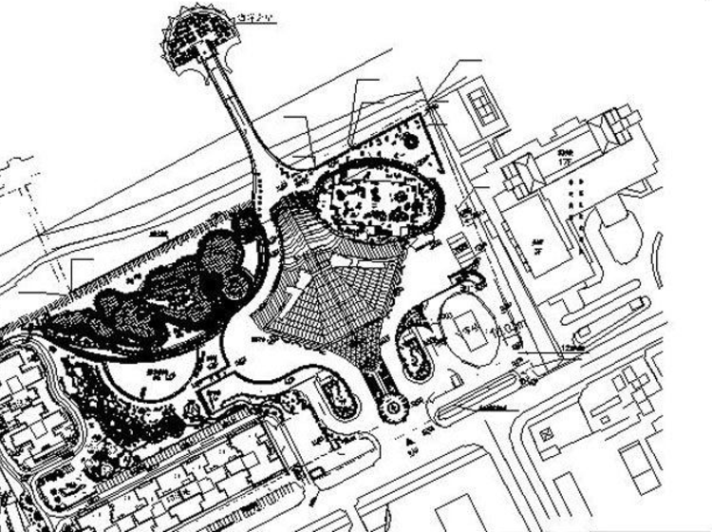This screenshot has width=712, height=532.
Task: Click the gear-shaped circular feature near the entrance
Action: (390, 409)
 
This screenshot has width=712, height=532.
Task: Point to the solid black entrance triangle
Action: (408, 443)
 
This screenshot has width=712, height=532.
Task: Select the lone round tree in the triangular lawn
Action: (411, 140)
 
